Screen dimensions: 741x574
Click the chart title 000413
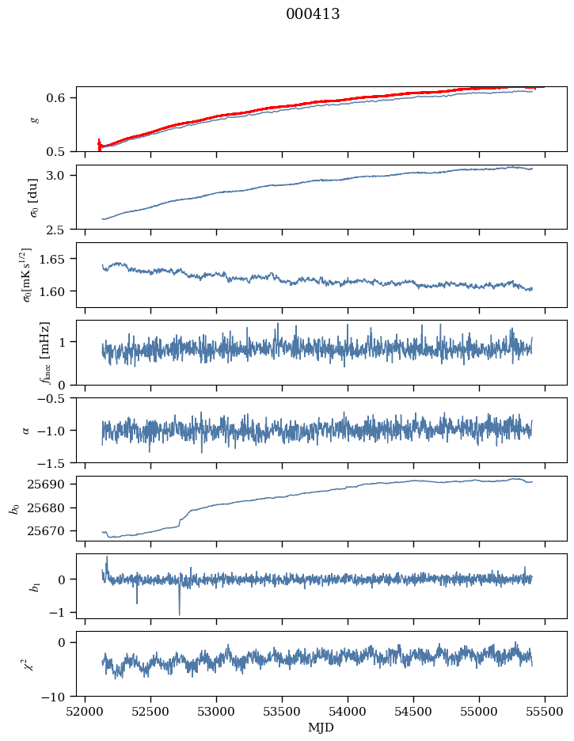(x=313, y=14)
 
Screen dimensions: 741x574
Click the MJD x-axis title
(x=321, y=728)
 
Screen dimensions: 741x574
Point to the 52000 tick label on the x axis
(x=86, y=711)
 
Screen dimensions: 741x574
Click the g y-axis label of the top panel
(x=33, y=119)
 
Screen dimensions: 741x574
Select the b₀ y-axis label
(x=13, y=508)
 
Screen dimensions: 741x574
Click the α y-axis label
(x=26, y=430)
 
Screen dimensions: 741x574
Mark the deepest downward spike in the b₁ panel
(x=179, y=614)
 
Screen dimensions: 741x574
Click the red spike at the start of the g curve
(x=99, y=143)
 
